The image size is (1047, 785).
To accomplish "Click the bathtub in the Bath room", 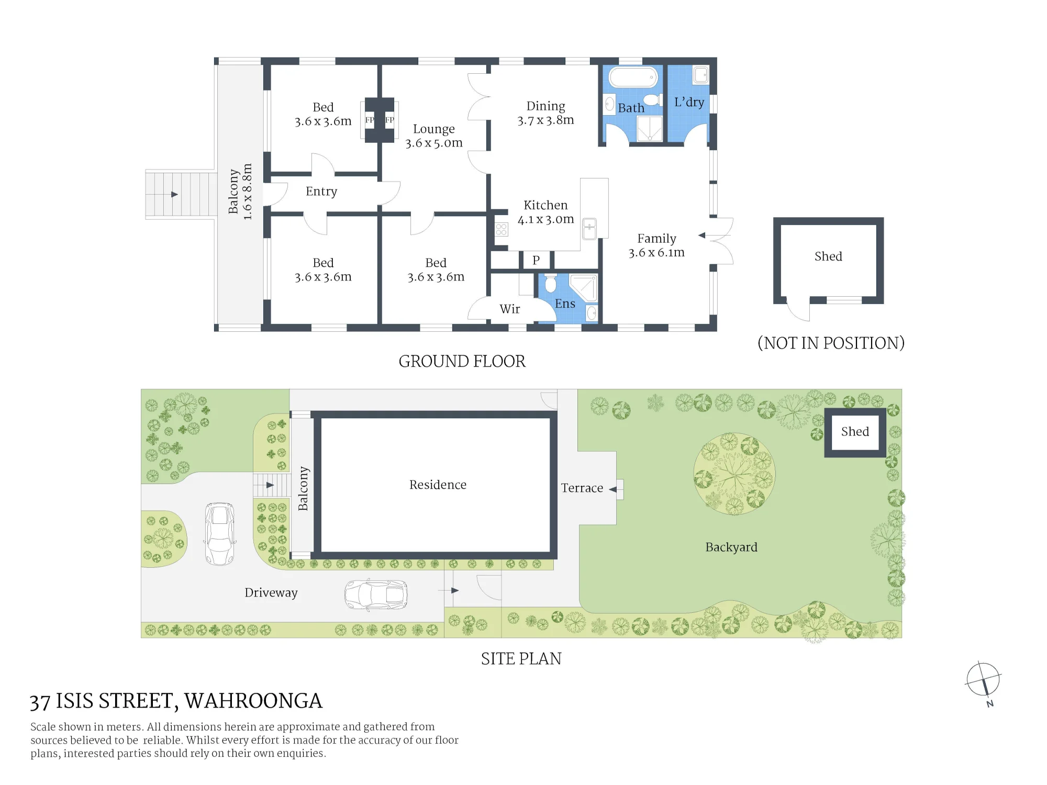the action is (x=632, y=77).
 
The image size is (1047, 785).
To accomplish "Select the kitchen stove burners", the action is (x=502, y=229).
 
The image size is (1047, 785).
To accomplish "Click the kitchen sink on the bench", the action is (x=589, y=229).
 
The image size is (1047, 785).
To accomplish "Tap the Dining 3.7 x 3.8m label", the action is (x=545, y=113).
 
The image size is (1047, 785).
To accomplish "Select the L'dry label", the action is (x=689, y=102).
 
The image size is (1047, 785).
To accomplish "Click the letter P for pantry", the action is (x=536, y=260).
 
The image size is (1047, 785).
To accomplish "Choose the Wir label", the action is (x=510, y=309).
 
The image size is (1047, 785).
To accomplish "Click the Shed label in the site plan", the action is (x=855, y=431).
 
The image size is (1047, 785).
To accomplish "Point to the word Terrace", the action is (x=582, y=488).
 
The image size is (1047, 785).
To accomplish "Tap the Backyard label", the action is (x=731, y=547).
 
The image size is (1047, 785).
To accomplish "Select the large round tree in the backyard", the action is (x=734, y=474).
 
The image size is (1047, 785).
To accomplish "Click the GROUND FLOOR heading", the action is (x=462, y=361).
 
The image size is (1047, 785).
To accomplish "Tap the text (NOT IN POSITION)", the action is (x=831, y=343).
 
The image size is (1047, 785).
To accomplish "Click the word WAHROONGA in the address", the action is (x=253, y=701).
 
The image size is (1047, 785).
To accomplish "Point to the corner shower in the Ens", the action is (x=584, y=288).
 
